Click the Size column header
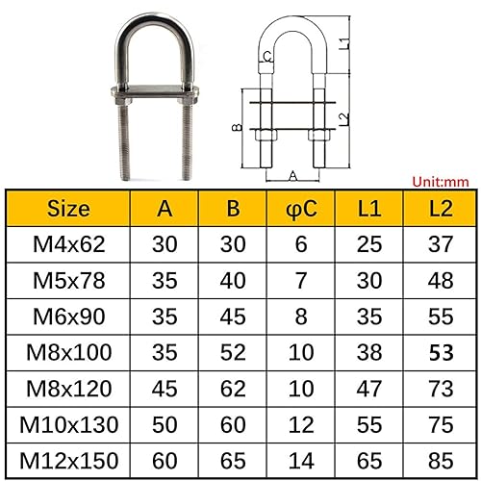[x=66, y=208]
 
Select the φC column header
[x=302, y=208]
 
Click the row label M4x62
[x=66, y=245]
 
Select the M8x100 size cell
[x=66, y=352]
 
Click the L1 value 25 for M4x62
[x=369, y=245]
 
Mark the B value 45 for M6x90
[x=234, y=316]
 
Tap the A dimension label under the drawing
[x=291, y=176]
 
